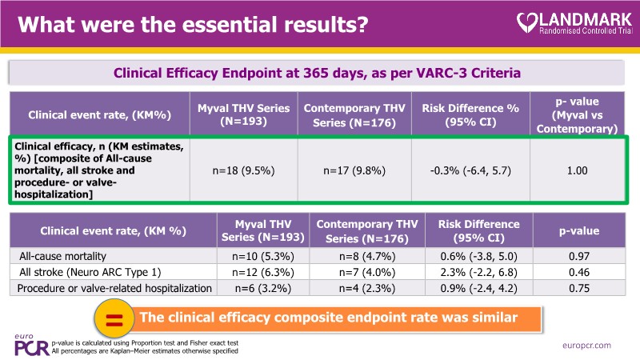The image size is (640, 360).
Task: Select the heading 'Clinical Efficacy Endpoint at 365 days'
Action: (318, 73)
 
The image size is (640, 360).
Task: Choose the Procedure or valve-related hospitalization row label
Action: (114, 288)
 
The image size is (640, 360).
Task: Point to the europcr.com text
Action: (586, 345)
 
